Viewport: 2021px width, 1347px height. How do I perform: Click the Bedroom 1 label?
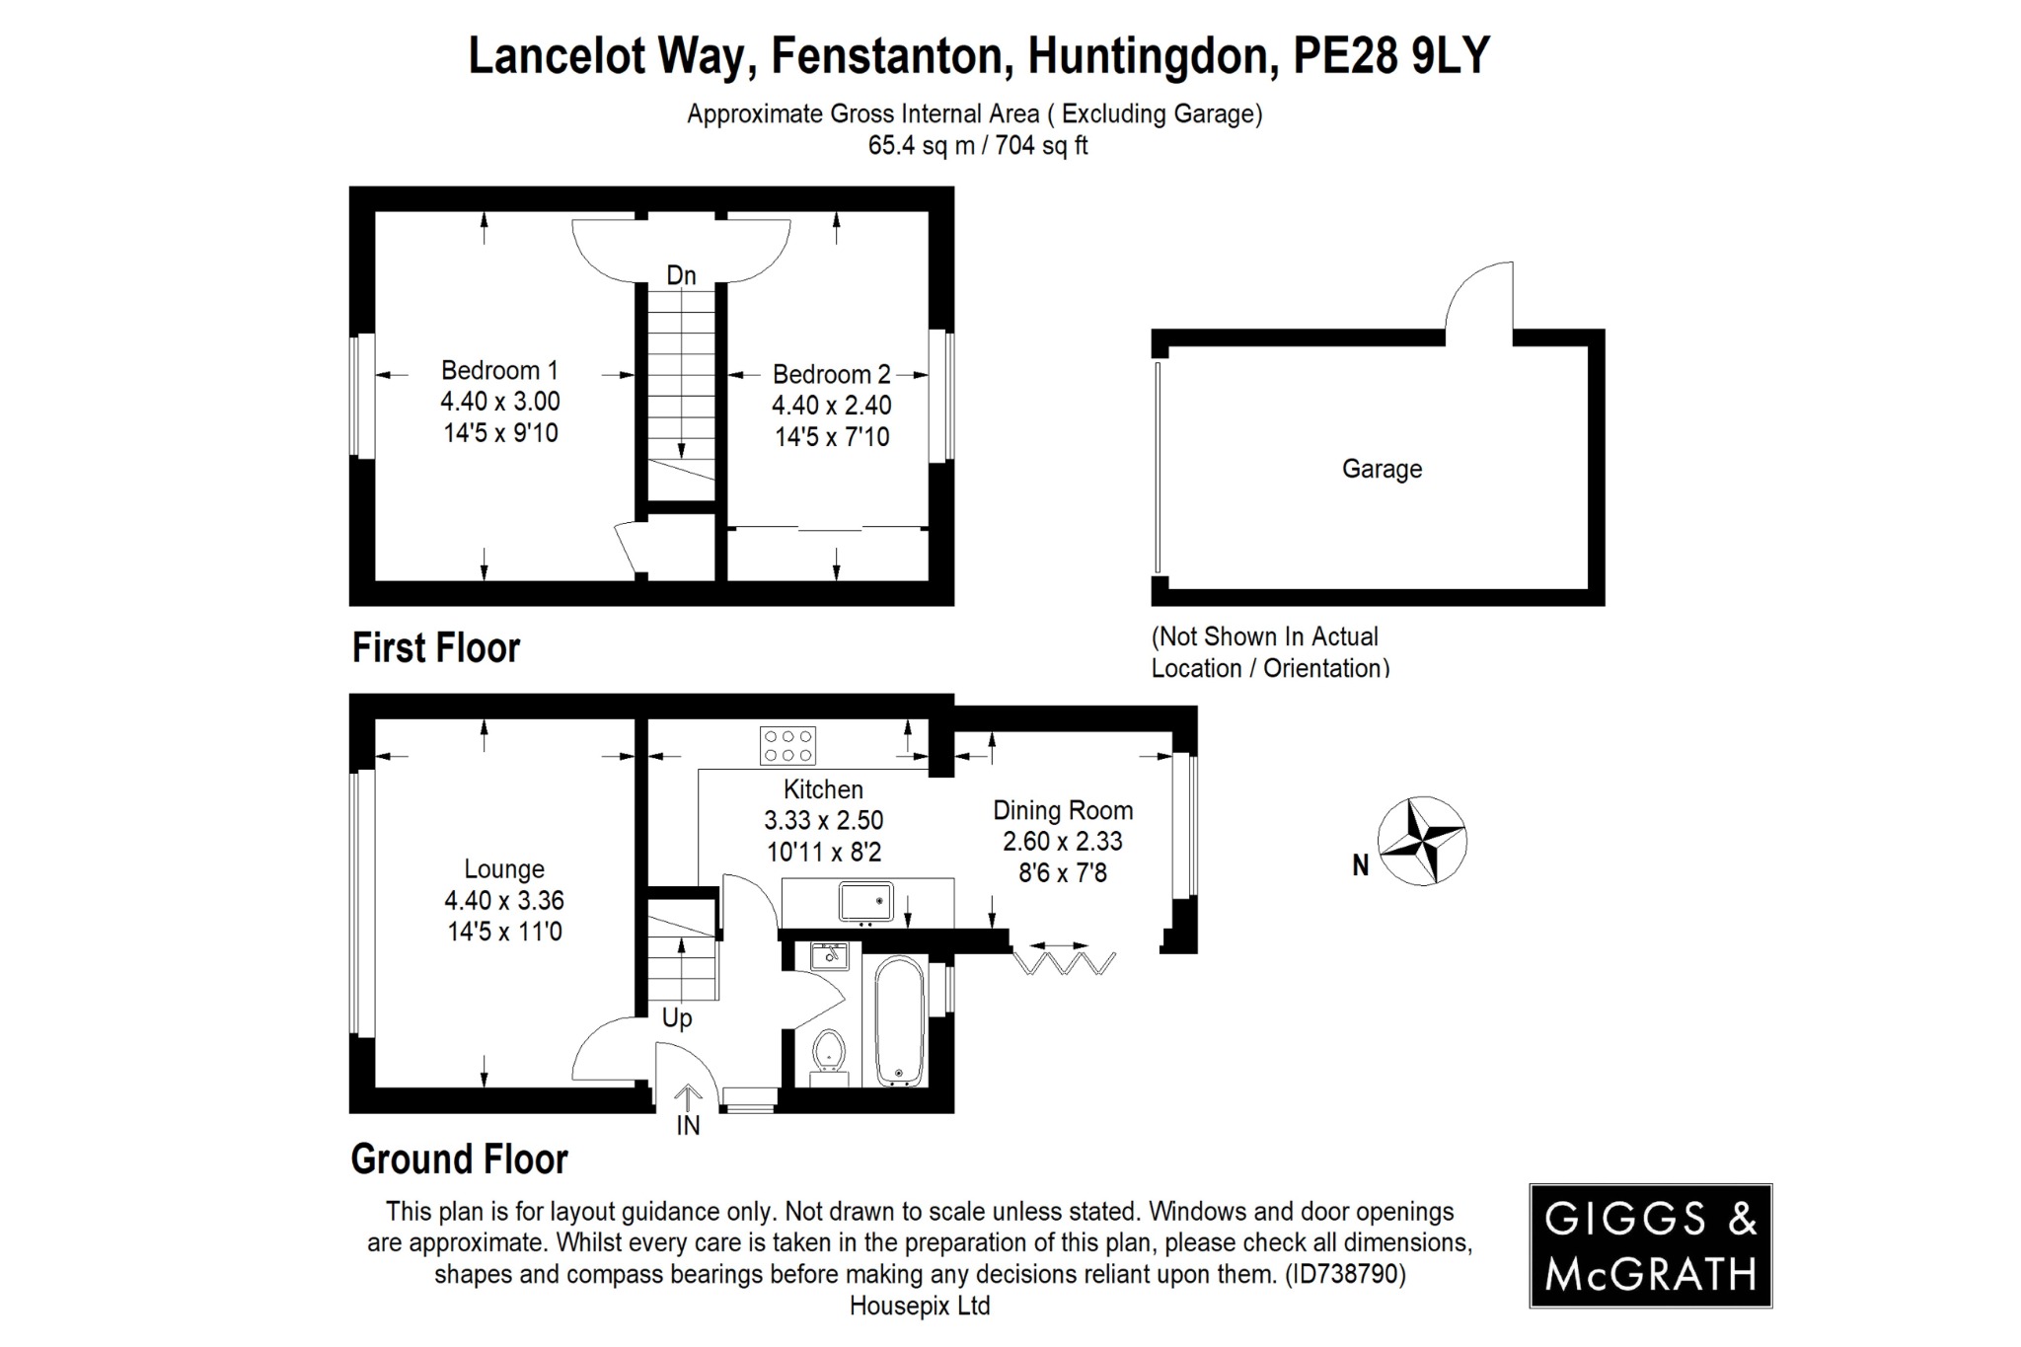[499, 371]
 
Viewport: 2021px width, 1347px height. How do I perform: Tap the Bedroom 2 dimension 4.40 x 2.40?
[831, 406]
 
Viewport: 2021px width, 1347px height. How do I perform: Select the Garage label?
[1382, 469]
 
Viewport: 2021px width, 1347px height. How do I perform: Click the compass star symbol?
[1421, 841]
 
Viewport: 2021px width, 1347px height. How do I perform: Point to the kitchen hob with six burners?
[787, 746]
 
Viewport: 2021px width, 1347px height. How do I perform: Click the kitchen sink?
[865, 902]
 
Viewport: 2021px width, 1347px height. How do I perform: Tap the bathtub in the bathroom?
[899, 1022]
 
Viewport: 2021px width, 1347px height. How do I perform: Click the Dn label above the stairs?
[681, 275]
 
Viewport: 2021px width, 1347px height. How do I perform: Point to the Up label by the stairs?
[677, 1017]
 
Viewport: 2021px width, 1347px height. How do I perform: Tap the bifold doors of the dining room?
[1064, 960]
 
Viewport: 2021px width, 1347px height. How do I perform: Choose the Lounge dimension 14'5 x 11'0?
[504, 932]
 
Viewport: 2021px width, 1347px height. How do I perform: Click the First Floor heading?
[435, 648]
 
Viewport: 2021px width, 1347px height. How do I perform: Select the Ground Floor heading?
[459, 1160]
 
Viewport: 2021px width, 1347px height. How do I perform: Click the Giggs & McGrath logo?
[1650, 1246]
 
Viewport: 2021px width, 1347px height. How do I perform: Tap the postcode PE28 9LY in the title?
[1390, 55]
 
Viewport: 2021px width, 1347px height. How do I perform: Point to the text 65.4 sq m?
[921, 146]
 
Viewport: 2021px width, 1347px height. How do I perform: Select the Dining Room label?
[1062, 811]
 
